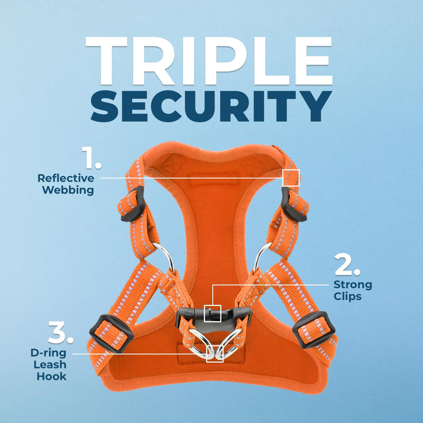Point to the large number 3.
[60, 332]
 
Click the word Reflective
[66, 178]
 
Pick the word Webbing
[68, 190]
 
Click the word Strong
[353, 285]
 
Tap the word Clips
[347, 296]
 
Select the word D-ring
[48, 353]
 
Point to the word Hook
[52, 376]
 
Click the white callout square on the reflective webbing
[291, 178]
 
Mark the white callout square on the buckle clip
[212, 313]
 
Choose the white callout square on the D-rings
[215, 354]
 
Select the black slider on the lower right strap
[314, 329]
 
